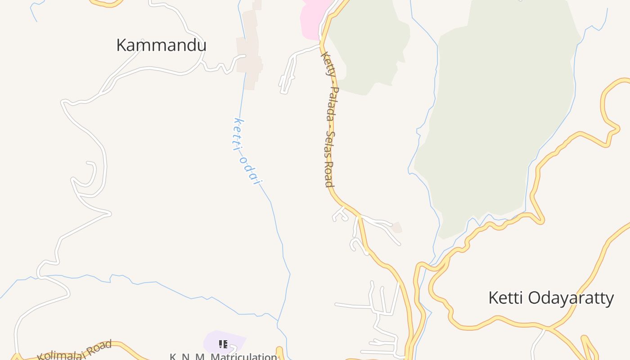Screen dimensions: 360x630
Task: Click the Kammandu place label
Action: [161, 45]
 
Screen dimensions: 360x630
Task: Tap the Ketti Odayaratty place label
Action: [551, 298]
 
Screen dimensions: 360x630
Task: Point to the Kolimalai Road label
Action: [75, 351]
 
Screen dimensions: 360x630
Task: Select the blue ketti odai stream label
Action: [247, 151]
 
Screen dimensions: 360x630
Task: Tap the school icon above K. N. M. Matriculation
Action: [223, 344]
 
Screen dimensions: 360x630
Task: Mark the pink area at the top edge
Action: [315, 16]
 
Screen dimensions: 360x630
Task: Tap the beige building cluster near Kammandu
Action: [250, 49]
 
